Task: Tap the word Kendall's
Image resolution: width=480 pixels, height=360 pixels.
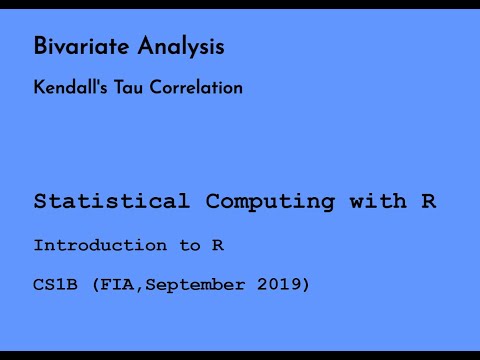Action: pos(67,88)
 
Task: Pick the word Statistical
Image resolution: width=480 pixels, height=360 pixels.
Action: pos(111,201)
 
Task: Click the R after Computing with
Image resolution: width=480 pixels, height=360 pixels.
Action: pos(428,201)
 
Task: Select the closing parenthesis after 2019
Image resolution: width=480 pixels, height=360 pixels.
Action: pos(306,286)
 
